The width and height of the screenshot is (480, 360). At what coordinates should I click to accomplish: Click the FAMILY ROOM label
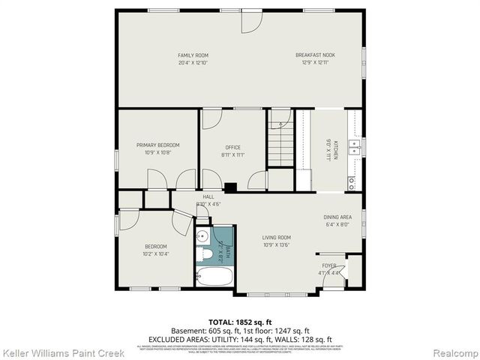[x=193, y=55]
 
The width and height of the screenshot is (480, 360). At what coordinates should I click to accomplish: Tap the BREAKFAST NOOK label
[x=314, y=55]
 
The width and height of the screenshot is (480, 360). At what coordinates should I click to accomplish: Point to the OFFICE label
[x=232, y=147]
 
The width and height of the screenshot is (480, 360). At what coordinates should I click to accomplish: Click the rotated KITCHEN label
[x=336, y=150]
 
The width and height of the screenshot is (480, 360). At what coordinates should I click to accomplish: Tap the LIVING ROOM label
[x=276, y=237]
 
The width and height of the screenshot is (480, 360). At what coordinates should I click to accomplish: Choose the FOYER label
[x=329, y=266]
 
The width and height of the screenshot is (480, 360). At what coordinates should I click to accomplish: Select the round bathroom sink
[x=202, y=237]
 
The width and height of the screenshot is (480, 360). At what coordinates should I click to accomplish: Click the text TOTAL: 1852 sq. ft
[x=240, y=321]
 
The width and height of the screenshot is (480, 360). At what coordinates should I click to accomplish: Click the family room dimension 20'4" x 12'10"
[x=193, y=63]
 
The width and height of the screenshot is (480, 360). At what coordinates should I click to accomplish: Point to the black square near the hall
[x=230, y=187]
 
